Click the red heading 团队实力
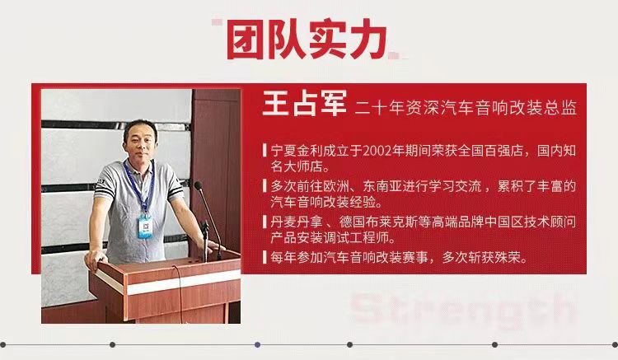coord(307,40)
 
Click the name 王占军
coord(304,103)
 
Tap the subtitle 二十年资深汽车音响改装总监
coord(466,108)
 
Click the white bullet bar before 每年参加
coord(265,258)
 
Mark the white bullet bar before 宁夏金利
coord(265,151)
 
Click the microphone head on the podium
coord(198,185)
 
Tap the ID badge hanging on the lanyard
coord(145,227)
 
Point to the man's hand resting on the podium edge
coord(96,258)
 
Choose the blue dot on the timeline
coord(257,344)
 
